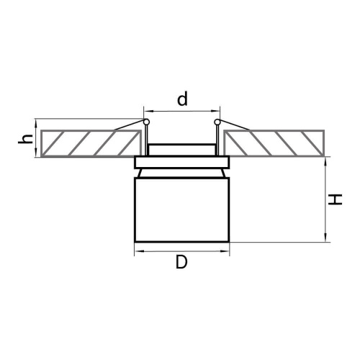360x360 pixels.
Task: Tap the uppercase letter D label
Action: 181,262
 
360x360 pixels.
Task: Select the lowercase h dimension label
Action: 26,140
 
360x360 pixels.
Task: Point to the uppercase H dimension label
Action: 335,199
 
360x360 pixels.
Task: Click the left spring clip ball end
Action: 146,122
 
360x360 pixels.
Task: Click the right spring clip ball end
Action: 217,122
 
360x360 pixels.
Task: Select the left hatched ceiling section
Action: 91,143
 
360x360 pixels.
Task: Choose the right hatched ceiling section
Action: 274,143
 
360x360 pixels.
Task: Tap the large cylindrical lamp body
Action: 182,210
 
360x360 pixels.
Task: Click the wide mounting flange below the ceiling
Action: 182,162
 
